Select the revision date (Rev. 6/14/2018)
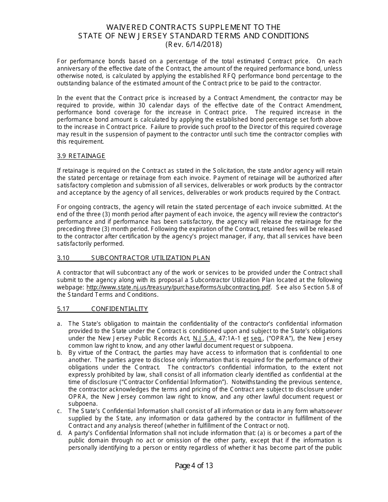tap(194, 44)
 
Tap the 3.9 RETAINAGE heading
tap(81, 156)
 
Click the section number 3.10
tap(64, 258)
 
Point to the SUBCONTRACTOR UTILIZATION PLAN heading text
tap(150, 258)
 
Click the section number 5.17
tap(64, 309)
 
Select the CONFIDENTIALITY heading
tap(119, 309)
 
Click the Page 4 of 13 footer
tap(194, 466)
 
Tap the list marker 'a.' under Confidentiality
tap(60, 324)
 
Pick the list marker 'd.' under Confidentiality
tap(60, 433)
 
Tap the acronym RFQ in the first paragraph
tap(219, 76)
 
